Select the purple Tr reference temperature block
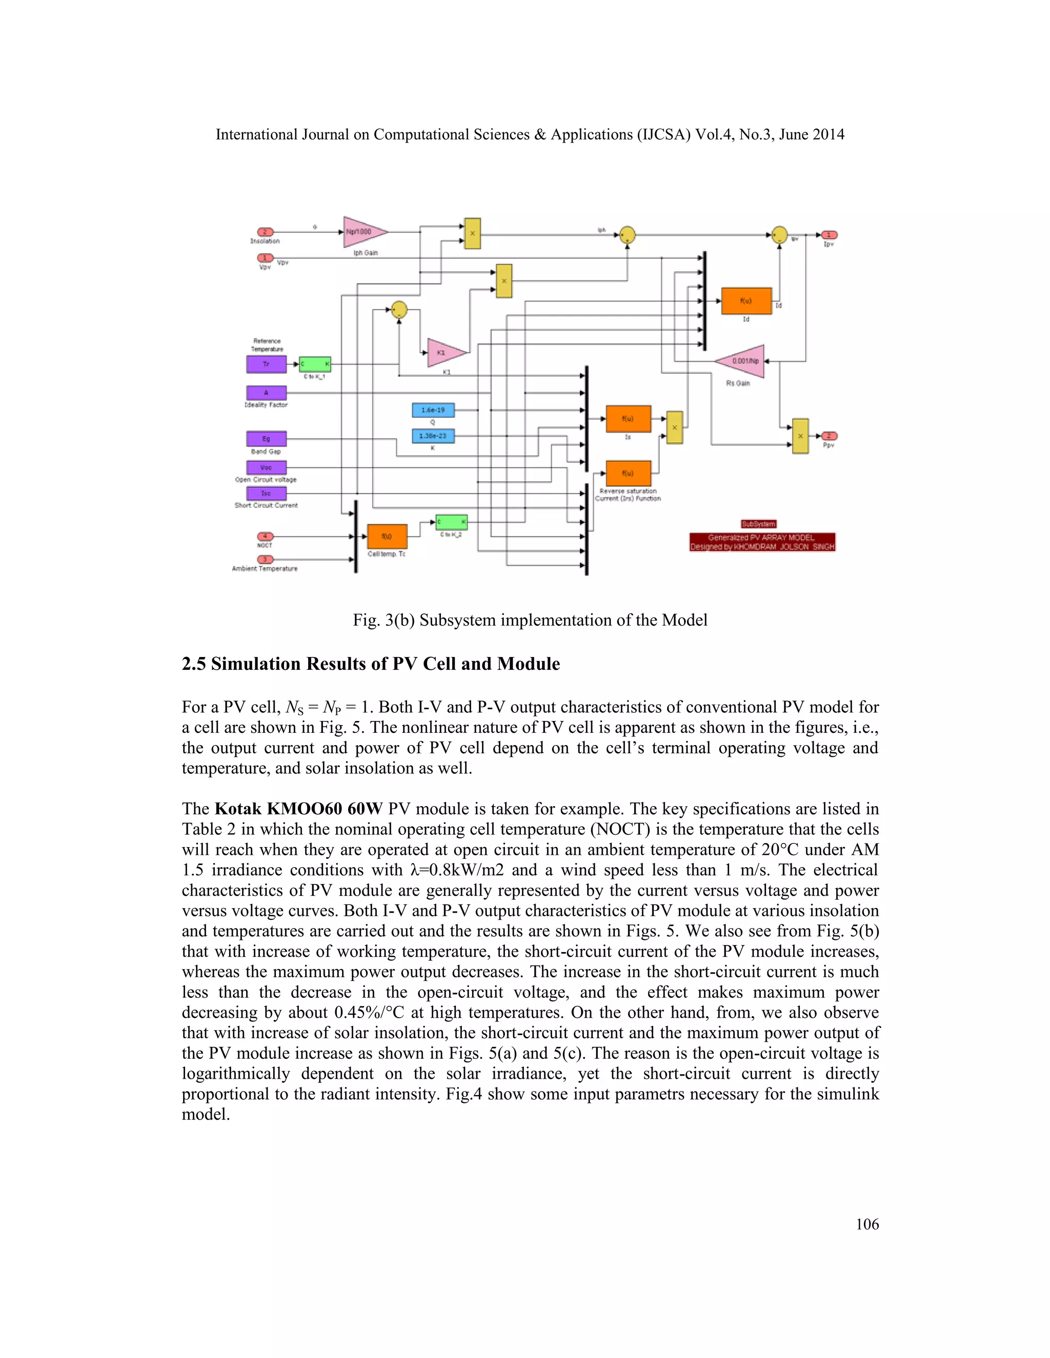(x=266, y=364)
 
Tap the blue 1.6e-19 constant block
(x=433, y=410)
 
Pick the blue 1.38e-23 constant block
(x=433, y=436)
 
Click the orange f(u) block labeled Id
(x=746, y=301)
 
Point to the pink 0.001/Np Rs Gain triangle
(x=743, y=361)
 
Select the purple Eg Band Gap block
(x=266, y=438)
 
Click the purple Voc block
(x=266, y=467)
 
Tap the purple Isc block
(x=266, y=493)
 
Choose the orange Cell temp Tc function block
(x=387, y=536)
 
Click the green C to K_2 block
(x=451, y=522)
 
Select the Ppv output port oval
(x=829, y=436)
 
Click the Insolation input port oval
(x=265, y=232)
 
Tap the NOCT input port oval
(x=265, y=536)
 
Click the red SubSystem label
(x=758, y=524)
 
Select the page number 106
(x=867, y=1224)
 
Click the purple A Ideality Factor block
(x=266, y=393)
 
